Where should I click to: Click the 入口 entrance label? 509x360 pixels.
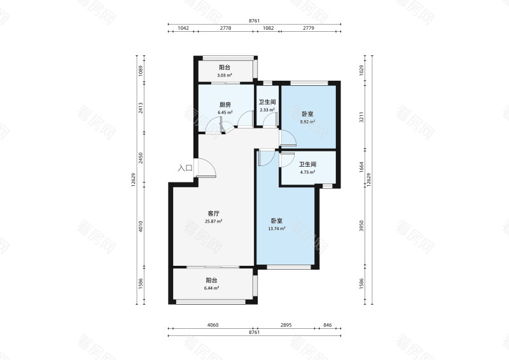[x=185, y=168]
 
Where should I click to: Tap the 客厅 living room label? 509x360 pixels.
[x=214, y=214]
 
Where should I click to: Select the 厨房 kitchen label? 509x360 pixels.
[x=225, y=105]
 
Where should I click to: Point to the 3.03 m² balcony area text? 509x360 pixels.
[x=225, y=75]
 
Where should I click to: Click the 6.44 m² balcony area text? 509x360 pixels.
[x=211, y=288]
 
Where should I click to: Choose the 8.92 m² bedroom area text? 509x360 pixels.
[x=307, y=121]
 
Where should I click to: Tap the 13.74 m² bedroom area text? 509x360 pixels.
[x=277, y=228]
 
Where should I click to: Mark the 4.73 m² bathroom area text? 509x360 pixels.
[x=307, y=172]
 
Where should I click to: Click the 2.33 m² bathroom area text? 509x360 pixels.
[x=267, y=110]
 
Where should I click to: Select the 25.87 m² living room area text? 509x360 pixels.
[x=214, y=221]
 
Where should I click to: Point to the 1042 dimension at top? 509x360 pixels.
[x=183, y=28]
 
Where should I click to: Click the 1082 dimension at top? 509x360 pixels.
[x=268, y=28]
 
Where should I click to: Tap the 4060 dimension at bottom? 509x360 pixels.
[x=213, y=325]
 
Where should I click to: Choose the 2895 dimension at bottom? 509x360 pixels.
[x=286, y=325]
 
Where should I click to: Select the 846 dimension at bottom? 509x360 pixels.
[x=328, y=325]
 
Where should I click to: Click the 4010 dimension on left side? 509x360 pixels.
[x=141, y=226]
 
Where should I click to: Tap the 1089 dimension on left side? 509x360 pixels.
[x=141, y=71]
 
